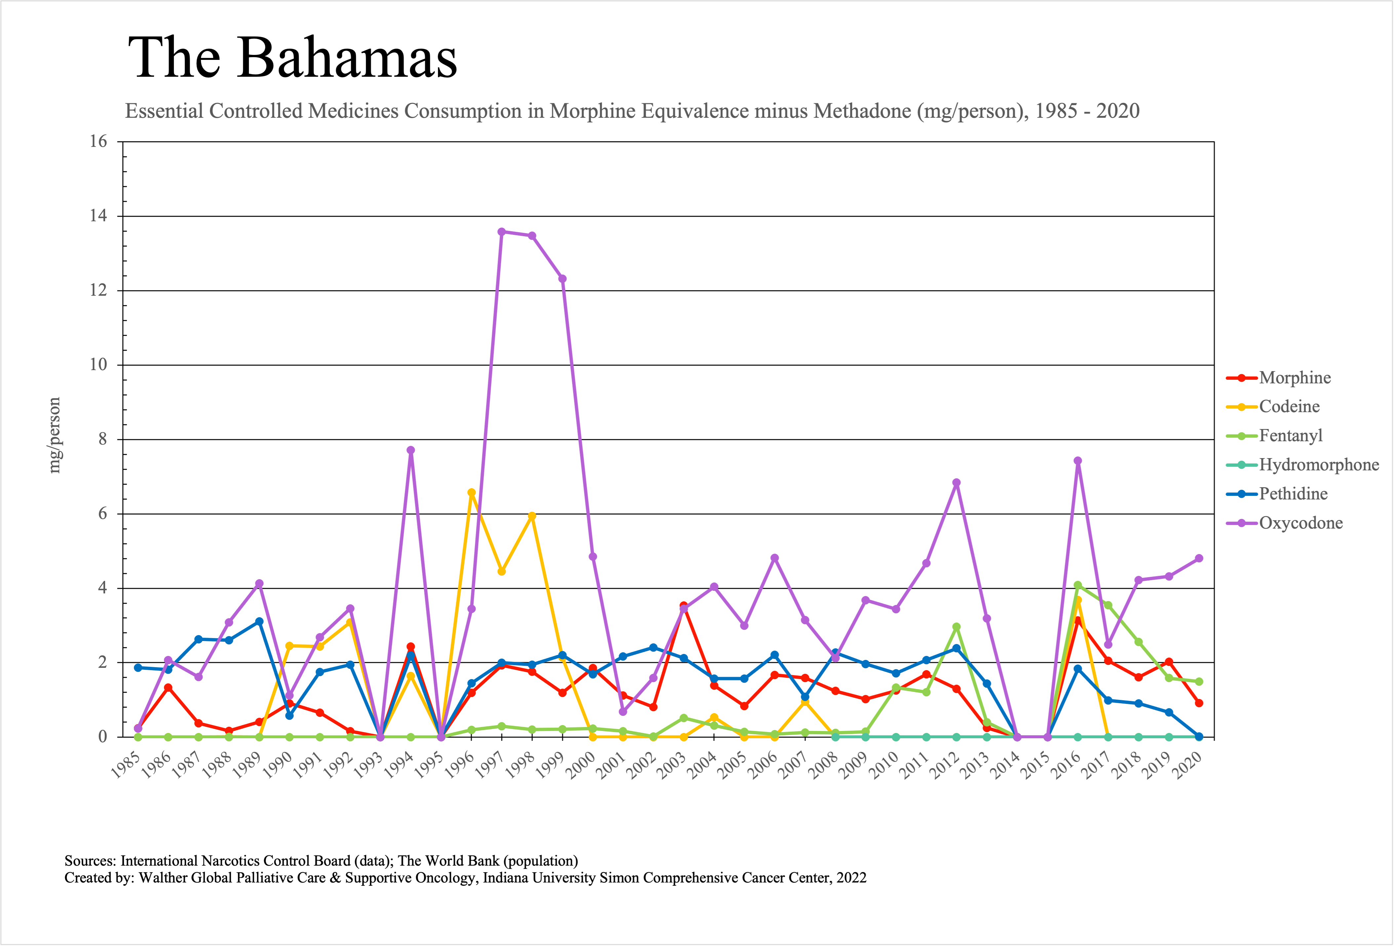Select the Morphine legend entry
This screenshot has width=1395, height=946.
[x=1295, y=378]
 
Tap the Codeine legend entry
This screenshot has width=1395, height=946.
[x=1289, y=407]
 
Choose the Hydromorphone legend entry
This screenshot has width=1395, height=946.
[x=1319, y=465]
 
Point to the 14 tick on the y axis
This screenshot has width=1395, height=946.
[x=98, y=216]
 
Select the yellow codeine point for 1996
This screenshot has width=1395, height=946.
[x=471, y=493]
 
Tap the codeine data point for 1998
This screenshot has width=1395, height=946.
[x=532, y=516]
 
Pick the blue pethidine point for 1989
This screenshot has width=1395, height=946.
[x=259, y=622]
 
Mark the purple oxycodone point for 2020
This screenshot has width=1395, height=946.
[x=1199, y=559]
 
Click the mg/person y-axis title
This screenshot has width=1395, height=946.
[x=55, y=436]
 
